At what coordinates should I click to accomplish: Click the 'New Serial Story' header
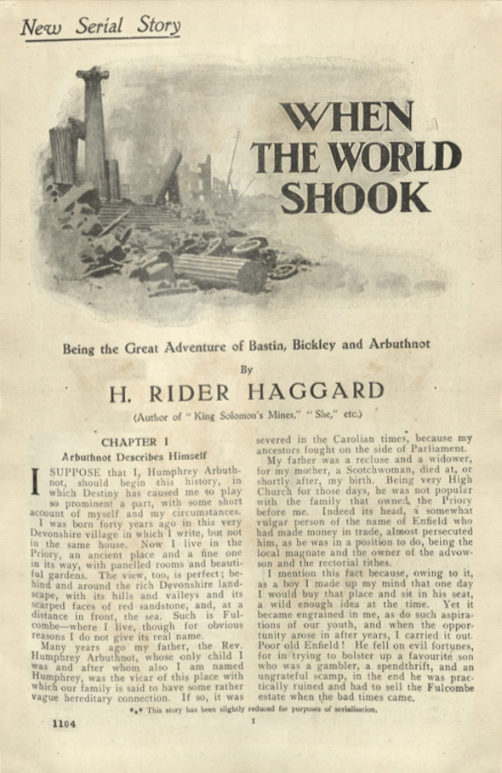100,26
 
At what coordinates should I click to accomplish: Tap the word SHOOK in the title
356,197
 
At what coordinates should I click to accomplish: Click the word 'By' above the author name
247,370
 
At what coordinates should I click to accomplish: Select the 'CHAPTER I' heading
129,443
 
